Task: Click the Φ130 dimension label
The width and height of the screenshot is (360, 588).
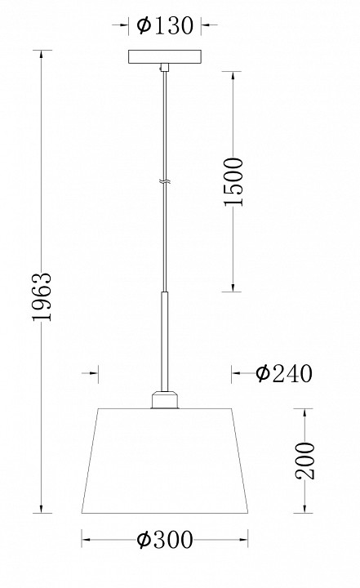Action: [x=166, y=27]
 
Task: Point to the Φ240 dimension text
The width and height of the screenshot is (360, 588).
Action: [x=283, y=373]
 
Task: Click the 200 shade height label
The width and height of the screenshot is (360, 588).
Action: [x=304, y=462]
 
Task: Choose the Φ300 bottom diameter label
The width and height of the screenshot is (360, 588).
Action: [x=165, y=540]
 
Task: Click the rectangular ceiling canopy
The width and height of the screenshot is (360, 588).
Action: [x=165, y=60]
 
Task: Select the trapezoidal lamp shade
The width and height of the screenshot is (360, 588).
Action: [x=165, y=461]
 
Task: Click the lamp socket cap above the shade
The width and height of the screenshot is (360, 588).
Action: [x=165, y=399]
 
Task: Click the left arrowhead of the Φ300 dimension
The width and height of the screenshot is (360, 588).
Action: [x=87, y=540]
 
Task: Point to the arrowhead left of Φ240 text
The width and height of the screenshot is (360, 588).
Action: [x=238, y=373]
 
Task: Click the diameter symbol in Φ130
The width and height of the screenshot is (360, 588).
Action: [x=143, y=27]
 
